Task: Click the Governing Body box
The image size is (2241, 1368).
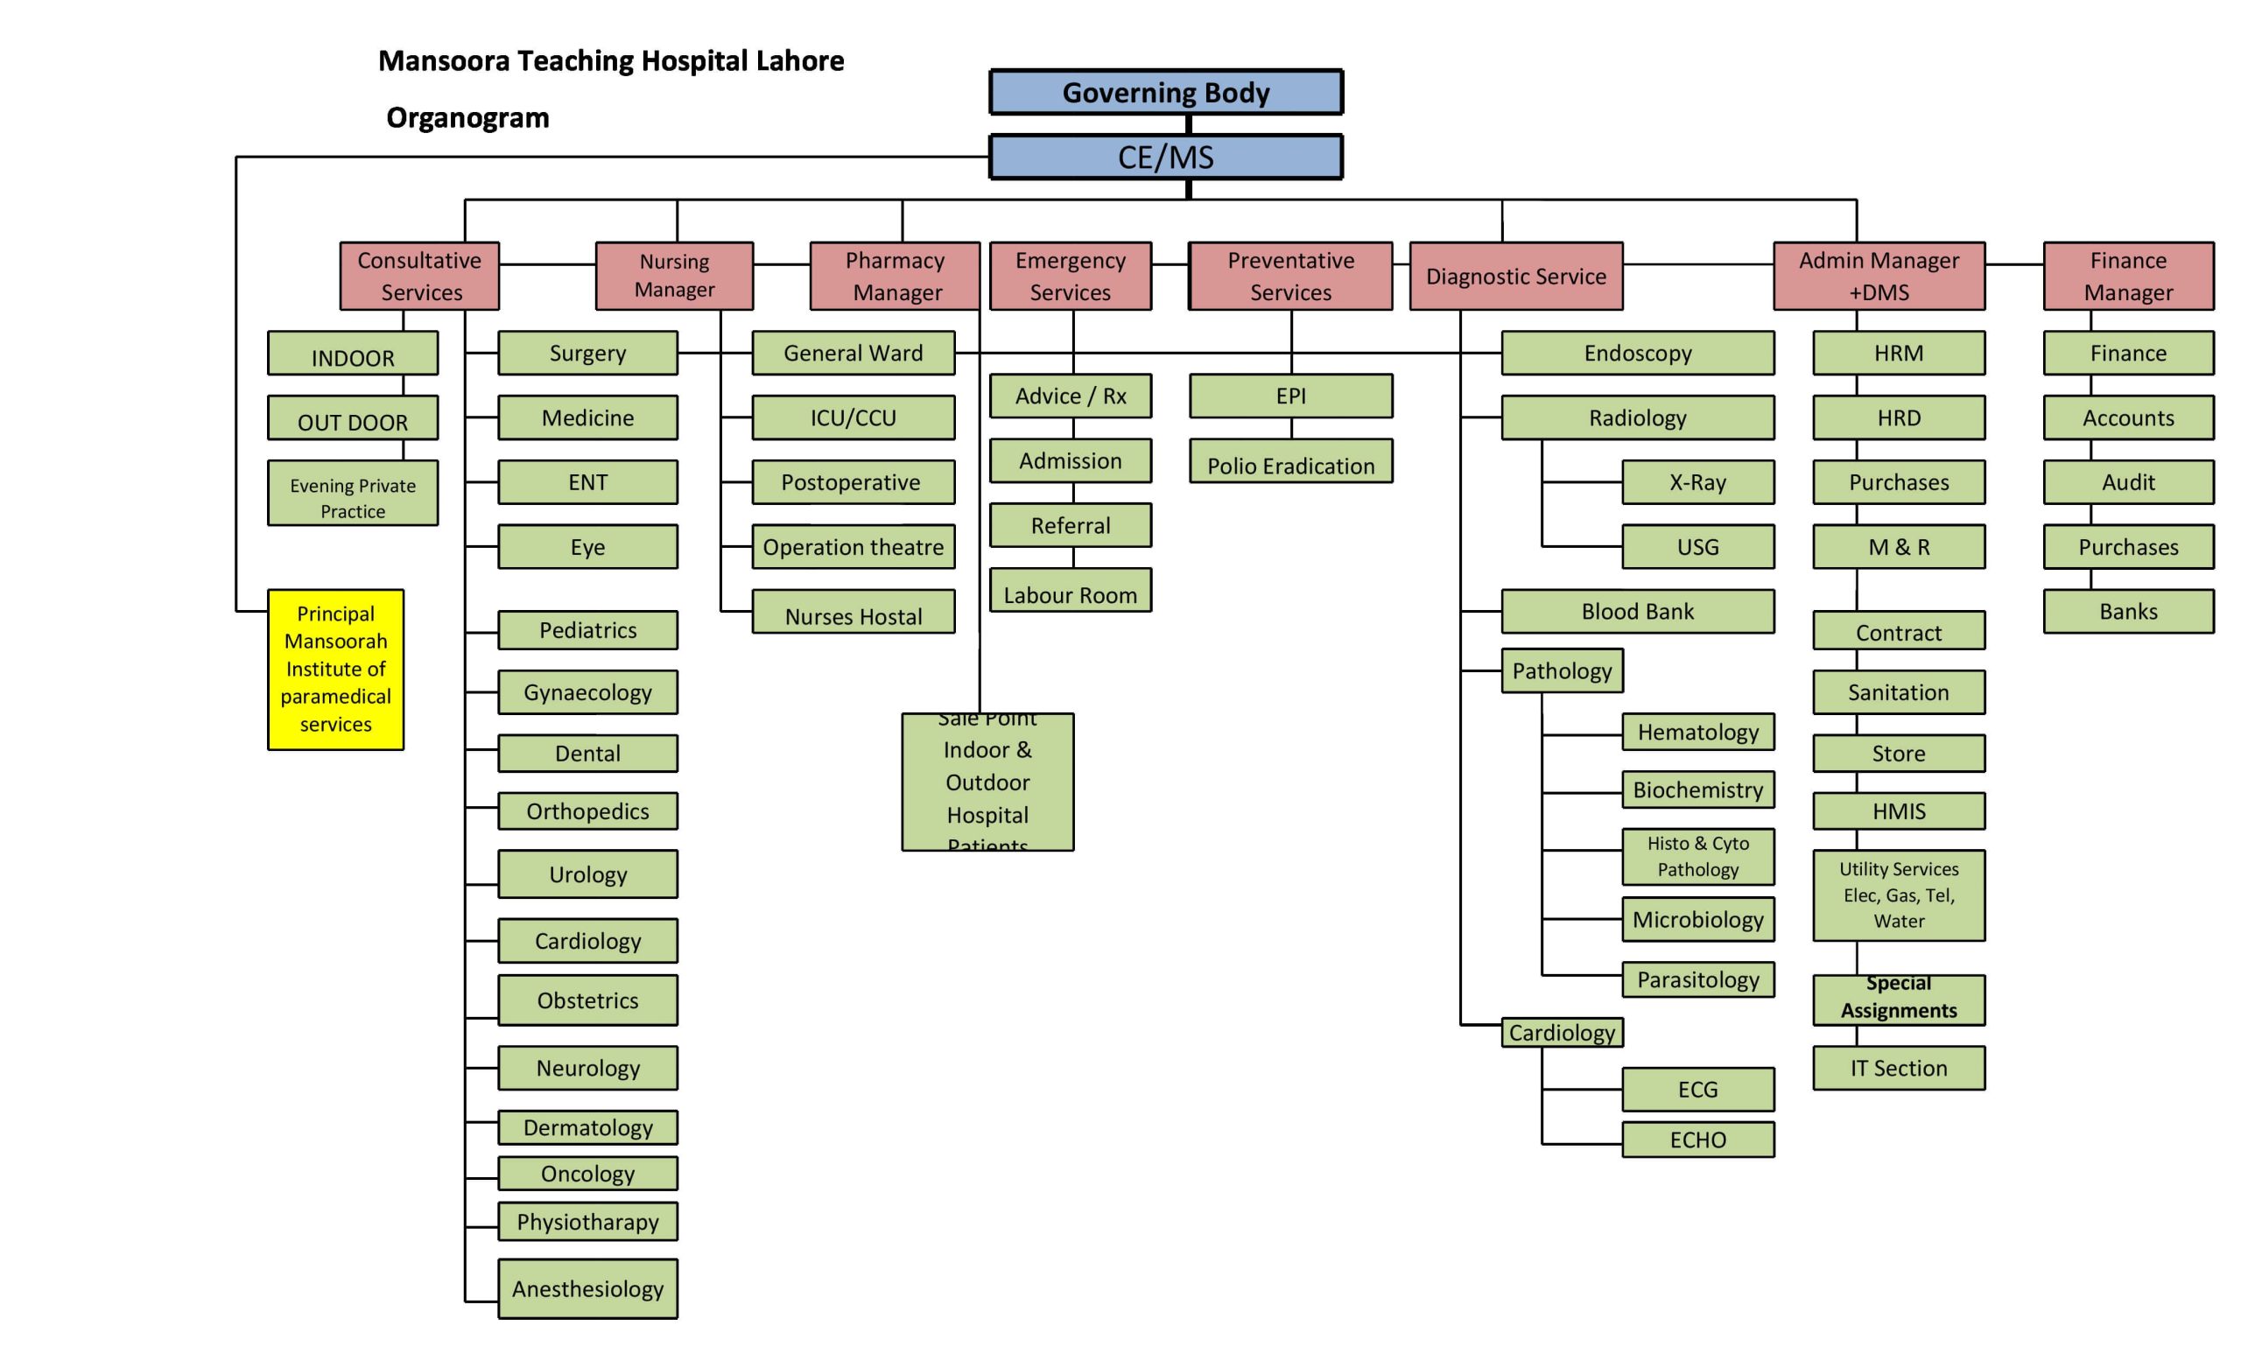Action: [x=1165, y=92]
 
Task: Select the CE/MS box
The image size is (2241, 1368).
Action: [x=1165, y=158]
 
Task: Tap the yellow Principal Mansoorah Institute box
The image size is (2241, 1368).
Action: [x=335, y=669]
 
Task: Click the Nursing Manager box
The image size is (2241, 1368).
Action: [x=674, y=275]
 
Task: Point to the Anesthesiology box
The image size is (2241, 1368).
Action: [x=587, y=1288]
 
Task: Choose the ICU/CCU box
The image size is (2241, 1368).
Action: [x=854, y=417]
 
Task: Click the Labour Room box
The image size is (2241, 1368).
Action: [x=1071, y=594]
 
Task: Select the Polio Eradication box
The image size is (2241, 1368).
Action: [x=1290, y=465]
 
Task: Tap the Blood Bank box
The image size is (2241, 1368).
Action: [x=1637, y=611]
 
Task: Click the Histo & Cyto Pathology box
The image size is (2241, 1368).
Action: [x=1697, y=856]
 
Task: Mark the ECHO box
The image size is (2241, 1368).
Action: [x=1697, y=1139]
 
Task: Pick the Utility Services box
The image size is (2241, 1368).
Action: [x=1898, y=895]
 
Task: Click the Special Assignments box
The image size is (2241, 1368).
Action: [x=1898, y=999]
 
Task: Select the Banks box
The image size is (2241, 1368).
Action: [x=2127, y=611]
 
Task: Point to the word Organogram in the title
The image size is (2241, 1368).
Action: [x=467, y=117]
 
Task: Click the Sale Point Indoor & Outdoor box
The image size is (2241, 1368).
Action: [x=987, y=782]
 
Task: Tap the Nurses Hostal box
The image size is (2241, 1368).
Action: [x=854, y=615]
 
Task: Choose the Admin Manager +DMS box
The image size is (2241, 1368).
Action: [x=1878, y=275]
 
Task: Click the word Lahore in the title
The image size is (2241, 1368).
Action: [x=799, y=61]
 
